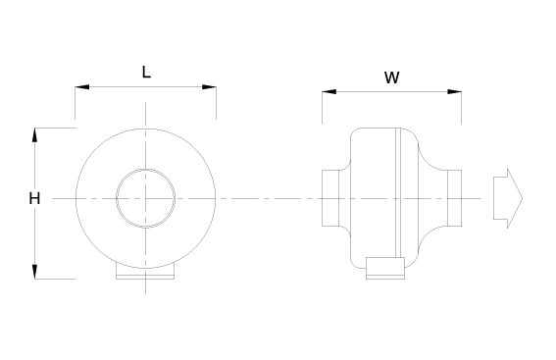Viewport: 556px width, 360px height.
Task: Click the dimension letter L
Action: point(146,72)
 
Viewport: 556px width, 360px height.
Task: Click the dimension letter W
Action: point(392,77)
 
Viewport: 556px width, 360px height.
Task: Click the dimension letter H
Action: point(34,198)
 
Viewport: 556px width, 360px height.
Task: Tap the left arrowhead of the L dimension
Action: point(82,87)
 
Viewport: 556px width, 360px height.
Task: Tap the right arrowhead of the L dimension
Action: point(209,87)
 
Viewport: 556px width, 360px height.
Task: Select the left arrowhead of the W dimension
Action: point(329,92)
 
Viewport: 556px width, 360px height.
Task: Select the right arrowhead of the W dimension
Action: point(455,92)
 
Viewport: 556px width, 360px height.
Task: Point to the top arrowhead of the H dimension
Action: point(34,134)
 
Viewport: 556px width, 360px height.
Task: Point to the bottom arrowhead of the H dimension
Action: point(34,272)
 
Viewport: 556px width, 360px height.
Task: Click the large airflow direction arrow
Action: point(508,198)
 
